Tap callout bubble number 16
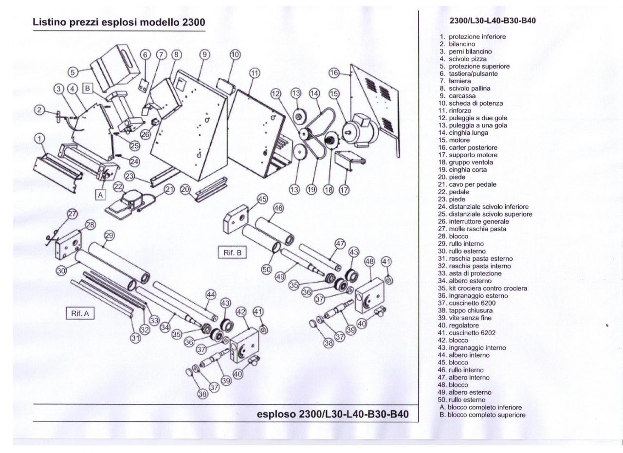pyautogui.click(x=334, y=72)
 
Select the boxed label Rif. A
pyautogui.click(x=80, y=314)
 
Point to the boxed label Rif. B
pyautogui.click(x=233, y=253)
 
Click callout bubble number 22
pyautogui.click(x=119, y=187)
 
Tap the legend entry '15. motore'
pyautogui.click(x=459, y=140)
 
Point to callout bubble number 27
pyautogui.click(x=72, y=214)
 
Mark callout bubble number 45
pyautogui.click(x=262, y=199)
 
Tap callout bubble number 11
pyautogui.click(x=254, y=73)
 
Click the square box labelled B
pyautogui.click(x=88, y=89)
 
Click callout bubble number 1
pyautogui.click(x=38, y=139)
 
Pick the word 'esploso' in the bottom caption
pyautogui.click(x=275, y=414)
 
